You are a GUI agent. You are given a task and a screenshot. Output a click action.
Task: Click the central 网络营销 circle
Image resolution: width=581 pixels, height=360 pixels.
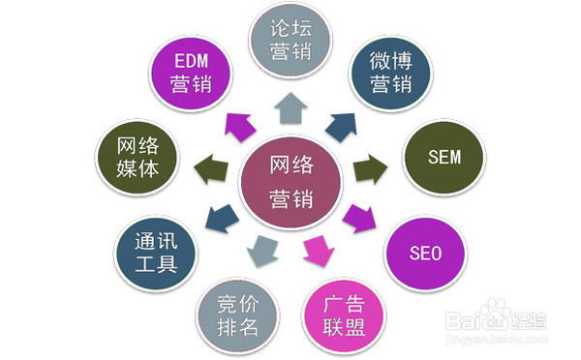(x=291, y=181)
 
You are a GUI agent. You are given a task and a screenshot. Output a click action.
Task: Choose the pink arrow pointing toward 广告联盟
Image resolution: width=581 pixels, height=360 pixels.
(x=315, y=253)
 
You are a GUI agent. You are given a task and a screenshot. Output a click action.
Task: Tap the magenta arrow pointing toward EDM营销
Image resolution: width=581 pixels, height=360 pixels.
(x=236, y=124)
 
